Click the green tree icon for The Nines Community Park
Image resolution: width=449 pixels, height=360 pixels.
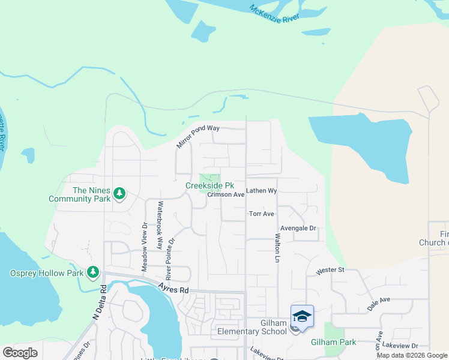(x=120, y=193)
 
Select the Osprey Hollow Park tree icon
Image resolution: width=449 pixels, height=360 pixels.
(x=93, y=273)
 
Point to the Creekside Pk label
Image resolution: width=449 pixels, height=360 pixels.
(x=209, y=186)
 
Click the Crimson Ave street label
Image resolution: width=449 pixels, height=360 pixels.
(x=226, y=195)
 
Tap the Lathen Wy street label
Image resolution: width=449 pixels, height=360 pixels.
(x=261, y=191)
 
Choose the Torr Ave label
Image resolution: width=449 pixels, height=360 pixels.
(x=262, y=214)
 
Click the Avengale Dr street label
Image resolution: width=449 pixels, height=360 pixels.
(x=298, y=228)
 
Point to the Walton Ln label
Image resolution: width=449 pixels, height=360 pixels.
(x=278, y=248)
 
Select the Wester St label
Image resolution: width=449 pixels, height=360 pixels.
(x=330, y=270)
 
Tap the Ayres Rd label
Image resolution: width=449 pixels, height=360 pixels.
(x=174, y=288)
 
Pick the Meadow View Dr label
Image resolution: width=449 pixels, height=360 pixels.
(x=145, y=247)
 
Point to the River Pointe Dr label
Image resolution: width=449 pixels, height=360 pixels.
(x=172, y=258)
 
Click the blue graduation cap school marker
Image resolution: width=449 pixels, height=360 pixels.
(x=302, y=316)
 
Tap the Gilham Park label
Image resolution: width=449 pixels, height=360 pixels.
(x=333, y=343)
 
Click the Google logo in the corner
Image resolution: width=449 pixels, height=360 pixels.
(x=20, y=353)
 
